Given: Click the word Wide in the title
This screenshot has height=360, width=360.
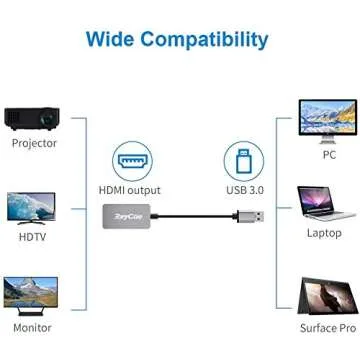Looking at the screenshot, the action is click(109, 40).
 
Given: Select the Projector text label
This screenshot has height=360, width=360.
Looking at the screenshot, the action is click(34, 143).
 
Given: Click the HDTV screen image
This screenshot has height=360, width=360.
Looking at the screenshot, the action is click(31, 207).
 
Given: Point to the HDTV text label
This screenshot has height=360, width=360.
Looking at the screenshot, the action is click(33, 236).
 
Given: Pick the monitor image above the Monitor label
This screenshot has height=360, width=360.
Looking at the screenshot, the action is click(31, 293).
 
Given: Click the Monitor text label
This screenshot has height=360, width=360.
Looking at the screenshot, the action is click(32, 328).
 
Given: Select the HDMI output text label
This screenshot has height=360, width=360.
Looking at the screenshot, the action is click(130, 190).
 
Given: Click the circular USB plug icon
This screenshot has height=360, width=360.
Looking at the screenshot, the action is click(242, 160).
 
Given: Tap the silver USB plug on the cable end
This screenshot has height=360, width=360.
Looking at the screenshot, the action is click(252, 216).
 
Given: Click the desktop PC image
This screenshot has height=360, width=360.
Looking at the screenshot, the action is click(327, 120).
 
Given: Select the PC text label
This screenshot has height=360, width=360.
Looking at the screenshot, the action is click(329, 156).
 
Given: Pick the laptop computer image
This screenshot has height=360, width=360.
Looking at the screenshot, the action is click(326, 204).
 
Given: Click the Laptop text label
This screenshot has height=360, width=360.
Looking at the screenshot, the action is click(324, 233).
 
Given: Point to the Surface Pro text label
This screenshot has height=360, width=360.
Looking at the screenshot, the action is click(327, 328).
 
